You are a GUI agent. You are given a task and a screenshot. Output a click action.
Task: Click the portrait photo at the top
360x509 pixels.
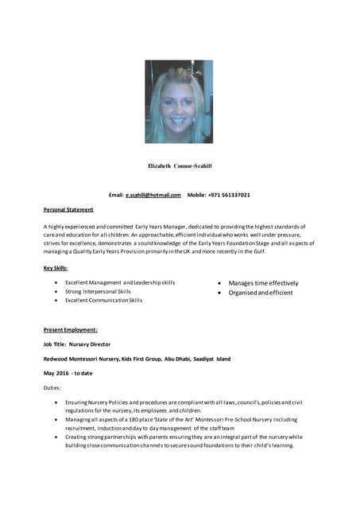tap(179, 103)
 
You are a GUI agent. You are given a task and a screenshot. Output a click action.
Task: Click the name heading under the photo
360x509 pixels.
tap(180, 166)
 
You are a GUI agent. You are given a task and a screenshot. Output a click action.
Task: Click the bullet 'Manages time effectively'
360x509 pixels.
tap(263, 283)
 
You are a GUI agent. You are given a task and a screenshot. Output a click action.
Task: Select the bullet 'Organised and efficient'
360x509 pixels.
tap(261, 293)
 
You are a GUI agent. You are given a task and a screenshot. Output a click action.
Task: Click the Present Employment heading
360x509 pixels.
tap(71, 329)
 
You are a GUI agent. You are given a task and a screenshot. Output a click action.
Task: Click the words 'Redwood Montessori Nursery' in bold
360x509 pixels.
tap(80, 359)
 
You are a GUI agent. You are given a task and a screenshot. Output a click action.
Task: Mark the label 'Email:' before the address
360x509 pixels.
tap(116, 195)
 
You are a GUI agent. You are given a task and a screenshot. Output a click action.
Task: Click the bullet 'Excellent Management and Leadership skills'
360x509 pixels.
tap(120, 282)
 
